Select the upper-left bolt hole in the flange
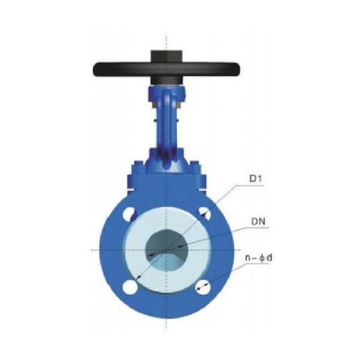coord(129,214)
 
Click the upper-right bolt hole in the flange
coord(203,214)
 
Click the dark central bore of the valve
coord(165,247)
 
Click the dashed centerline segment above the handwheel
coord(166,42)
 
